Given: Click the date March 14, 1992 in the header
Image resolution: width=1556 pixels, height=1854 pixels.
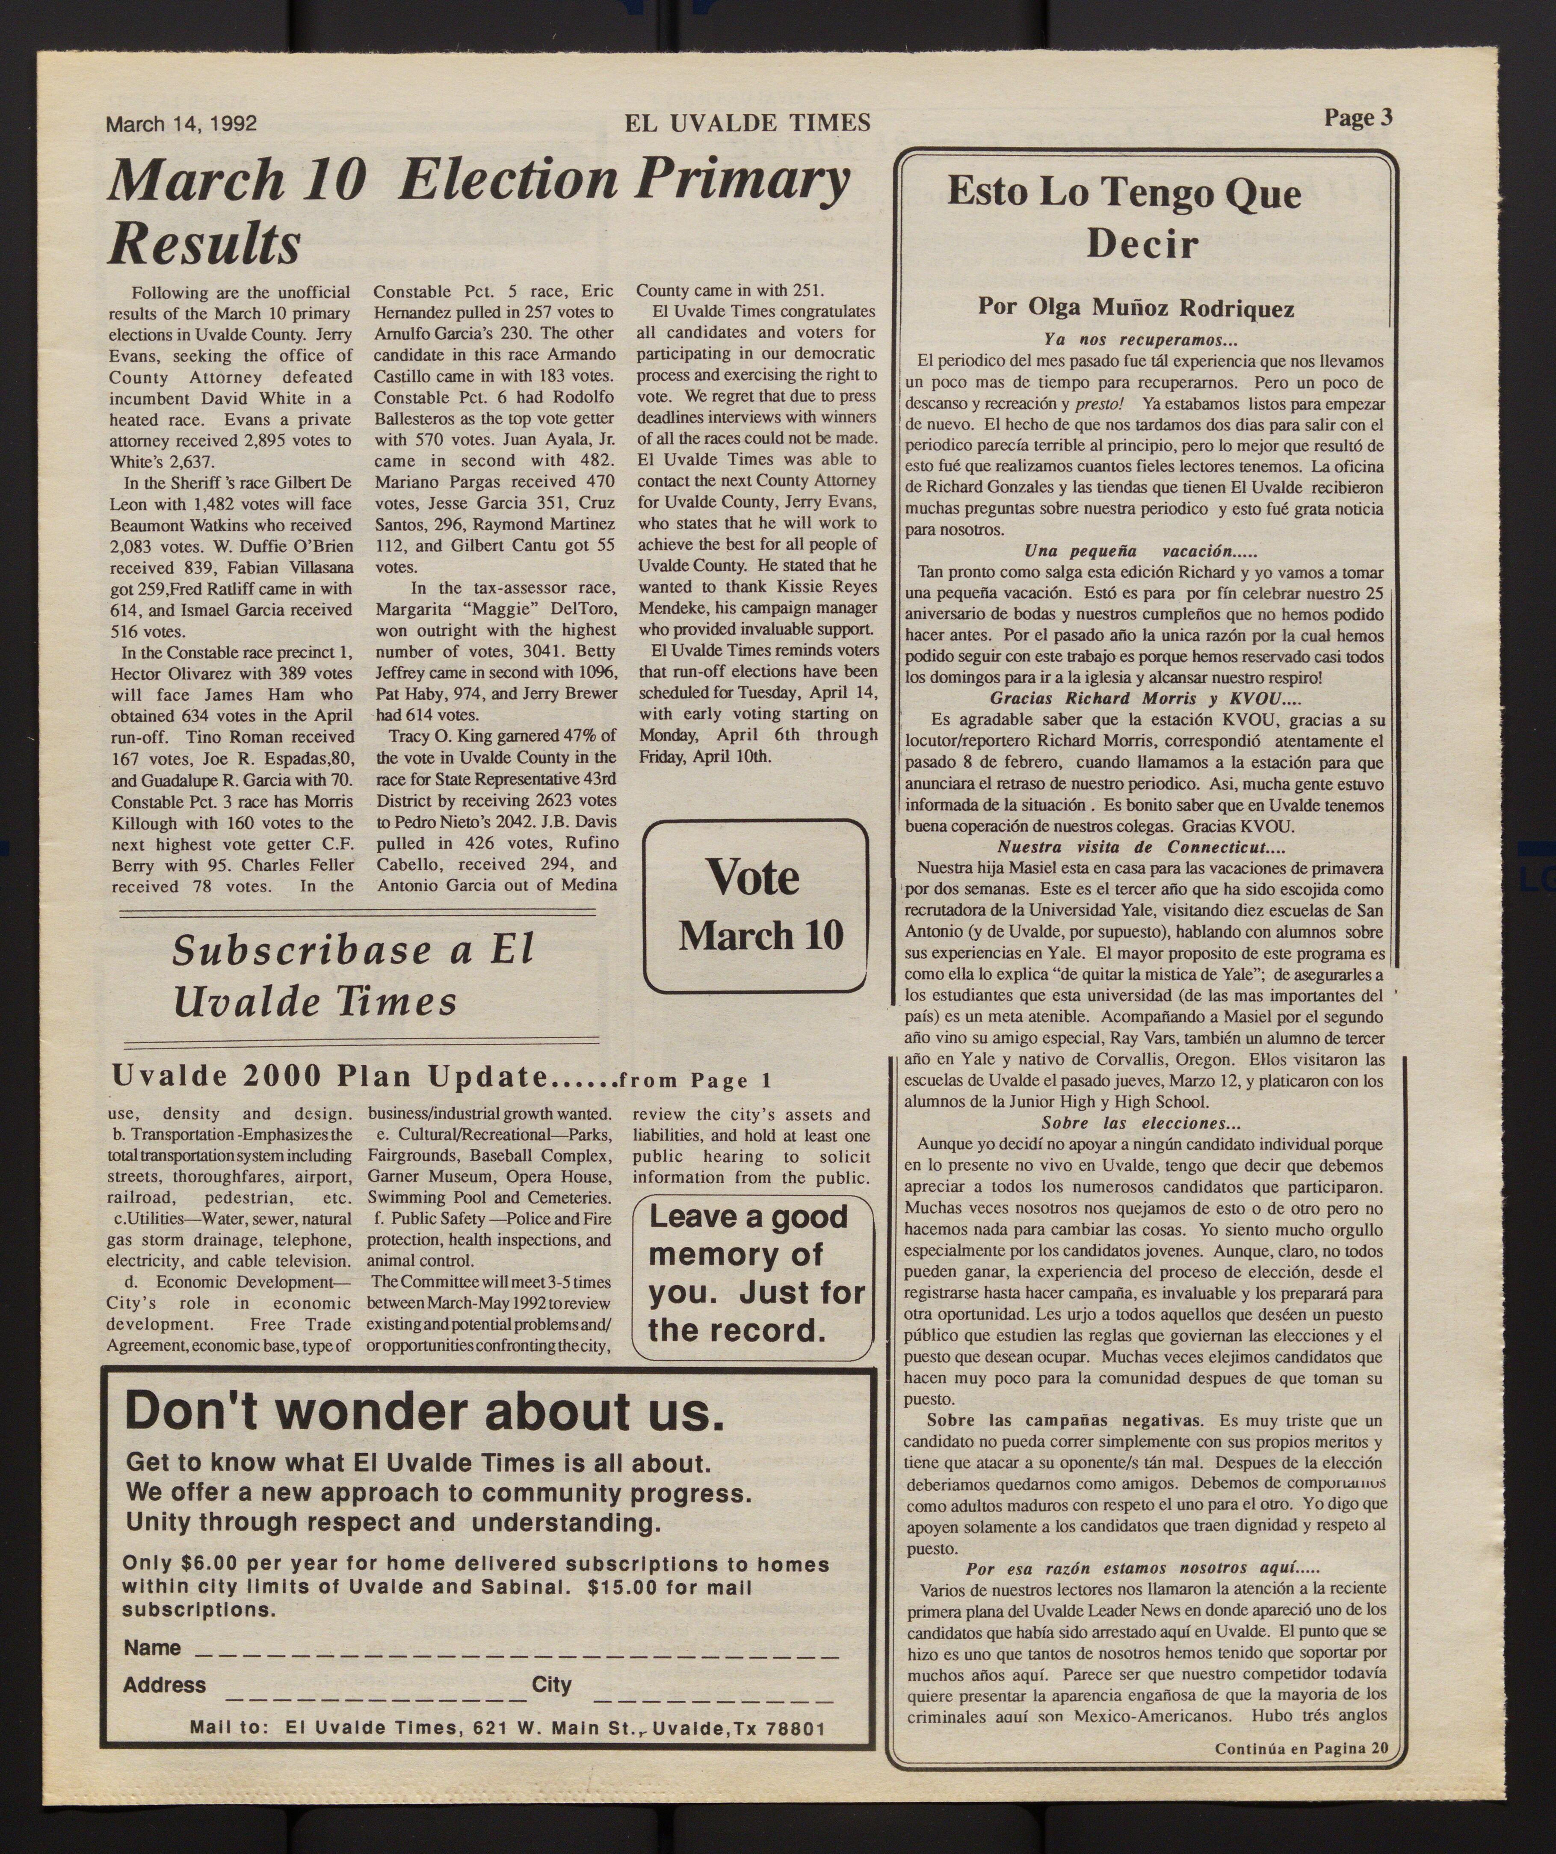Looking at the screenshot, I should click(181, 124).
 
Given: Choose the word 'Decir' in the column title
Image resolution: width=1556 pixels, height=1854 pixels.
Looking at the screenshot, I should click(1142, 244).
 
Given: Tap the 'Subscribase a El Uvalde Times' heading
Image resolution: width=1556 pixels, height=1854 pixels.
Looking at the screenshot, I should click(353, 976).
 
